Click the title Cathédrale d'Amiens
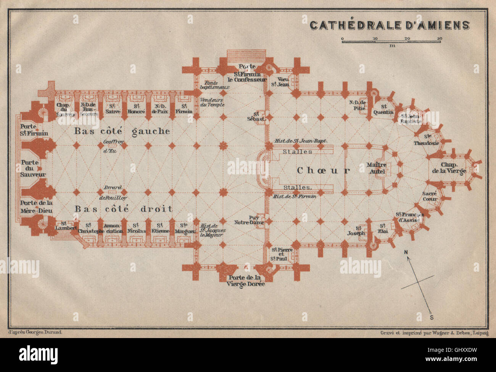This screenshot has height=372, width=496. click(x=390, y=25)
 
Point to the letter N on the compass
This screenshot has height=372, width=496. click(x=406, y=252)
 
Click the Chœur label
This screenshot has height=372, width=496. click(x=323, y=171)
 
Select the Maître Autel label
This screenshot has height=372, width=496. click(x=377, y=168)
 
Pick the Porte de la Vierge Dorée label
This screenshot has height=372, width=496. click(x=244, y=281)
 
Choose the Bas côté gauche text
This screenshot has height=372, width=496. click(x=122, y=131)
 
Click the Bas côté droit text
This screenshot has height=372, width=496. click(x=123, y=209)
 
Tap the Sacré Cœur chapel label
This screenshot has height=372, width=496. click(x=430, y=196)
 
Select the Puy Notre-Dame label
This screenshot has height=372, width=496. click(x=247, y=220)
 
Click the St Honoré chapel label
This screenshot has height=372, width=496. click(x=136, y=109)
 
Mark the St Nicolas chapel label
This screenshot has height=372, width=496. click(x=136, y=228)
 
